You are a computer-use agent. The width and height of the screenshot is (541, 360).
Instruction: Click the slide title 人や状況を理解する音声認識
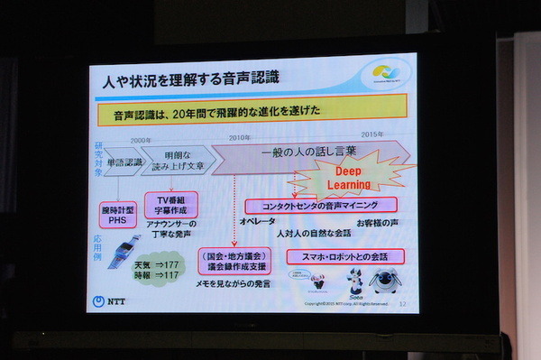pyautogui.click(x=190, y=79)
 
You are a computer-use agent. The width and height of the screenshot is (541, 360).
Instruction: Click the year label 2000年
pyautogui.click(x=142, y=140)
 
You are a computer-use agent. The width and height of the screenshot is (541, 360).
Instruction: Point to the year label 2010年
pyautogui.click(x=239, y=137)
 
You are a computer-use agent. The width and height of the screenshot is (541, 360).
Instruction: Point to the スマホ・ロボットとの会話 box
pyautogui.click(x=344, y=256)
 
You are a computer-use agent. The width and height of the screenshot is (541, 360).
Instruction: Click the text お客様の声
pyautogui.click(x=377, y=221)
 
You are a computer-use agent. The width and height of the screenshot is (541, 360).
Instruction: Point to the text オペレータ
pyautogui.click(x=258, y=221)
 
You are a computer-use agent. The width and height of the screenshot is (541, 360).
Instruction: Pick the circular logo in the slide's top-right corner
pyautogui.click(x=388, y=74)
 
